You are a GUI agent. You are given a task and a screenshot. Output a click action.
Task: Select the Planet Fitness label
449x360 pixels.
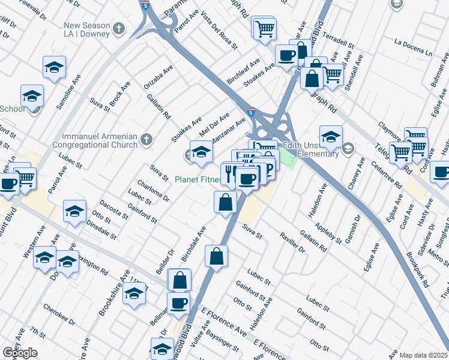(196, 179)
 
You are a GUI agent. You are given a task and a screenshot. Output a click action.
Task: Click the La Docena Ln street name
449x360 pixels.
(414, 42)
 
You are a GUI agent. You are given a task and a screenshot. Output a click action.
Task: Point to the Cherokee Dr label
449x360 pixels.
(59, 314)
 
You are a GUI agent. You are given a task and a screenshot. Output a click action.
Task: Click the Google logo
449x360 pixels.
(20, 353)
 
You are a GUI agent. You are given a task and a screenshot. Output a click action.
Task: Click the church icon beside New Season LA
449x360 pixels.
(119, 28)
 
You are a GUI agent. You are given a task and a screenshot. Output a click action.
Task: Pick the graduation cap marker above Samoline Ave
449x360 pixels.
(54, 67)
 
